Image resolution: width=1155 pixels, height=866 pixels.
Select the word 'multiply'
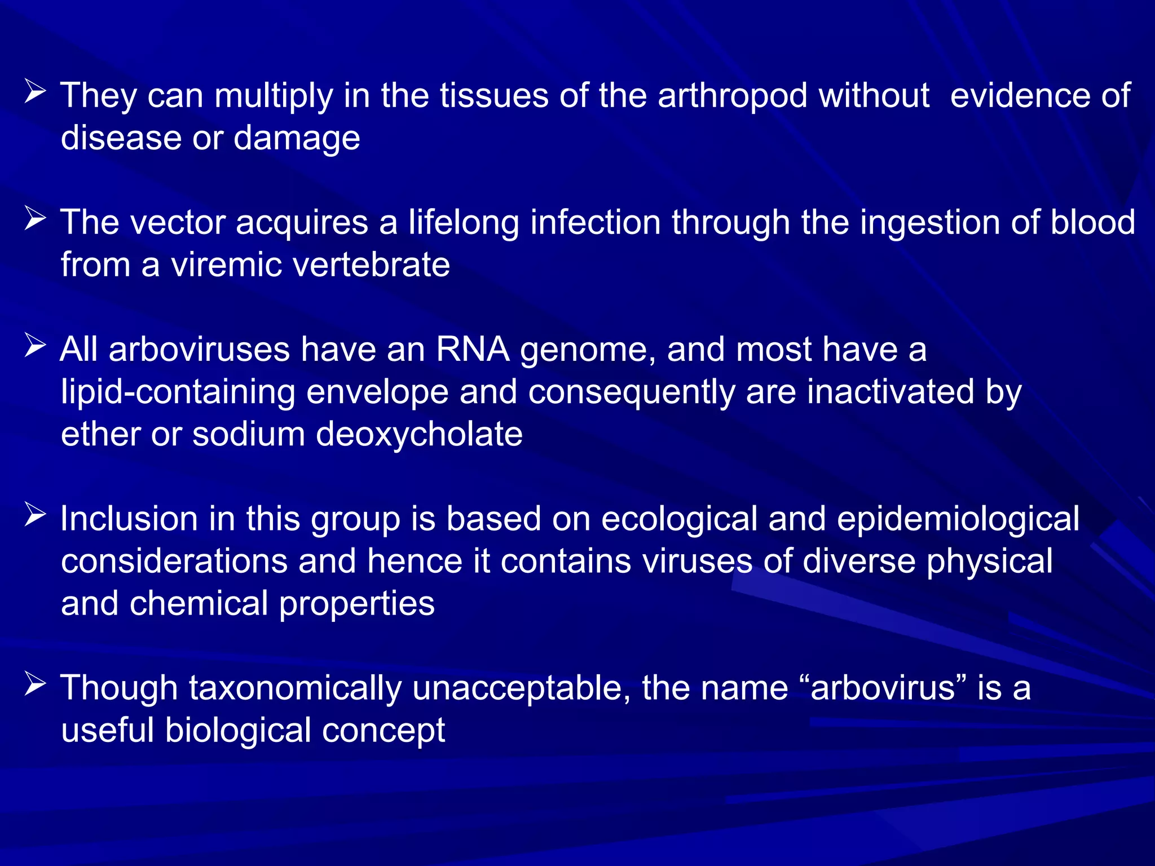pos(274,96)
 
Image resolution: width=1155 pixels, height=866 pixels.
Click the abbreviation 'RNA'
pos(473,350)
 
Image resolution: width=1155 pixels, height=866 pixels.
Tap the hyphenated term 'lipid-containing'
pos(178,392)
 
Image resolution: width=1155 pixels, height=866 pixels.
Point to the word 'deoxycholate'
pos(419,435)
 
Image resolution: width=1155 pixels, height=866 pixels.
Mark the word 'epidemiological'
pos(958,519)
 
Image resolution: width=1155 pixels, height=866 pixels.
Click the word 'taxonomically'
pos(295,688)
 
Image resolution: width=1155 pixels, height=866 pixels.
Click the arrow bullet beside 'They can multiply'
pos(35,92)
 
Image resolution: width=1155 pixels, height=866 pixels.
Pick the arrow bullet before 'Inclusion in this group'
pos(35,515)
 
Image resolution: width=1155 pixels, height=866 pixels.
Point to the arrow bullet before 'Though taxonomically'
pos(35,684)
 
